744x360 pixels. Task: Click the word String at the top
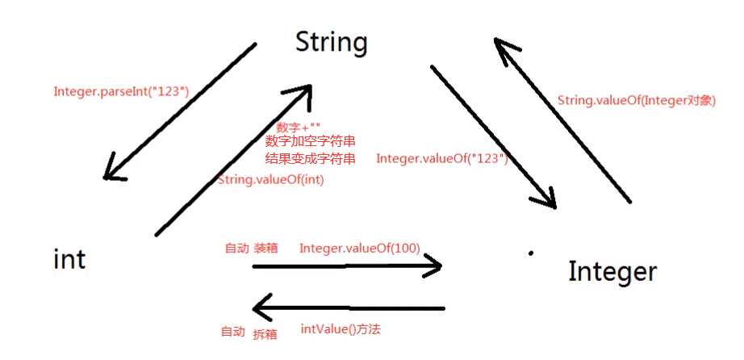click(x=331, y=42)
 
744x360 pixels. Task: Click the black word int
click(x=69, y=259)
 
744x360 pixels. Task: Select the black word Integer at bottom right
click(x=612, y=272)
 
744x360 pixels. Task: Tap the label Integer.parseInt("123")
click(x=121, y=91)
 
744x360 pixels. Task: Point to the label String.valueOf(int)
click(x=271, y=180)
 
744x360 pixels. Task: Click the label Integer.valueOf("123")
click(x=441, y=159)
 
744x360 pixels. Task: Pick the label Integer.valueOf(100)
click(x=359, y=248)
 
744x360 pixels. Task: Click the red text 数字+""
click(x=299, y=128)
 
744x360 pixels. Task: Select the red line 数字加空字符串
click(x=310, y=142)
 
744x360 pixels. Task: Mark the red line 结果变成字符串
click(x=310, y=159)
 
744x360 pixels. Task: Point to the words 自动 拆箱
click(x=249, y=333)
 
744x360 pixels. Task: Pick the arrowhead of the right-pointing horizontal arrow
click(x=434, y=266)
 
